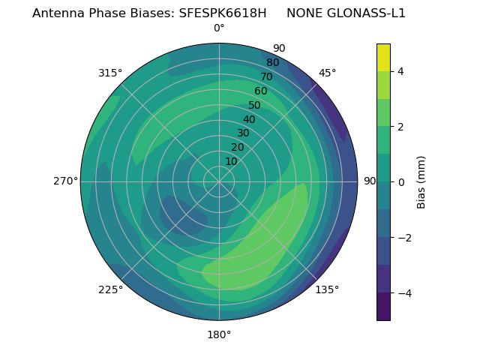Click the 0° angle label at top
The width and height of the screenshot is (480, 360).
click(219, 28)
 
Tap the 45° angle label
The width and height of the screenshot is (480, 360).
click(328, 73)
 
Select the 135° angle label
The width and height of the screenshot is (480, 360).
click(327, 289)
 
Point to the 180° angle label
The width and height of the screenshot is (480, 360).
click(219, 334)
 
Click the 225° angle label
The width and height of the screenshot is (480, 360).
click(110, 289)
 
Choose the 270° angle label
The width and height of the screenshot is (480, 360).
click(65, 181)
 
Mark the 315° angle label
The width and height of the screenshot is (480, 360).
click(110, 73)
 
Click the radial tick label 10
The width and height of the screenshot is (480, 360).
click(231, 161)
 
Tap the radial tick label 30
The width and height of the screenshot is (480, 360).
click(243, 133)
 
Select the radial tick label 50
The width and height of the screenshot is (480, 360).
click(255, 105)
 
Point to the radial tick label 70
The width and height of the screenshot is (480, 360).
click(267, 76)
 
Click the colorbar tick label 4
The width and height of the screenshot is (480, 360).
click(401, 71)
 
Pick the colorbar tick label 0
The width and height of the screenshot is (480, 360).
click(401, 181)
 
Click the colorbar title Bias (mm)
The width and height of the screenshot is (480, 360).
click(421, 181)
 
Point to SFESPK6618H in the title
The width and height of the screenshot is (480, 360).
click(223, 13)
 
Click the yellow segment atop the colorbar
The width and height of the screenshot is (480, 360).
click(383, 57)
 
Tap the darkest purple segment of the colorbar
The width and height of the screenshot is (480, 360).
click(383, 307)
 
